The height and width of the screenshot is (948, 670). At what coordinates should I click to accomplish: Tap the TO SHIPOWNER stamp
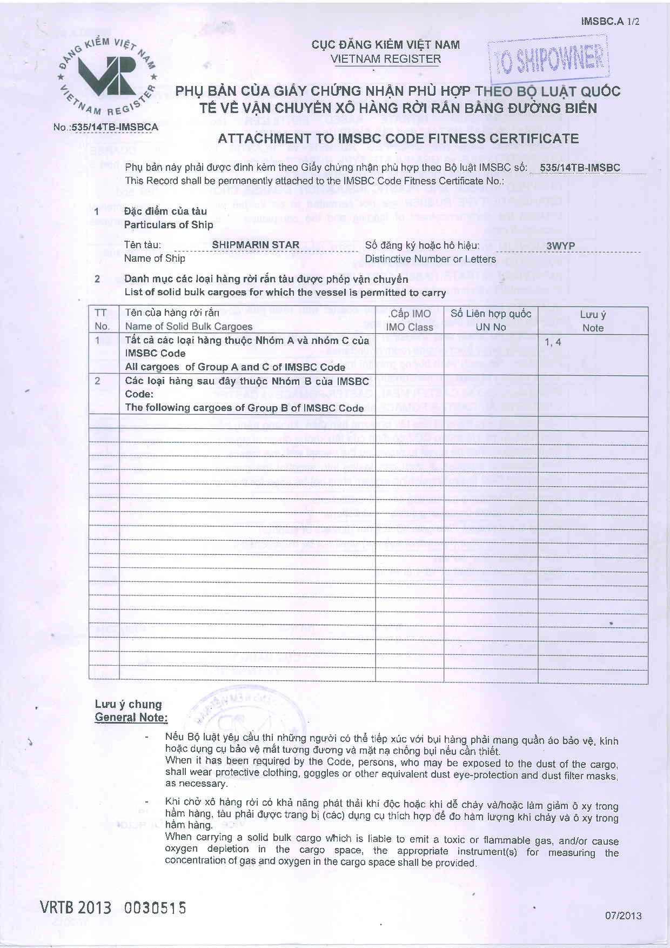tap(548, 58)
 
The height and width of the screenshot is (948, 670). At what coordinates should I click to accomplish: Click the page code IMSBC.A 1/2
tap(610, 22)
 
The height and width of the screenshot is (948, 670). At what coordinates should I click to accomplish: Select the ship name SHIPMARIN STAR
tap(256, 245)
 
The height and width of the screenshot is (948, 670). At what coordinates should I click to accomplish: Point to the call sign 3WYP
tap(560, 246)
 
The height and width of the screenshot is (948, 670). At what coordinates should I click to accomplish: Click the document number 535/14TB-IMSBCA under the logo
tap(106, 128)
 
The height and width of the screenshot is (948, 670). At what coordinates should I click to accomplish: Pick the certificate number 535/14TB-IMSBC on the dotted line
tap(579, 168)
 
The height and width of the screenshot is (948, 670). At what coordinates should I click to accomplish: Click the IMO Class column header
tap(409, 327)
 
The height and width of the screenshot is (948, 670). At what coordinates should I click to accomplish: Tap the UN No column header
tap(491, 327)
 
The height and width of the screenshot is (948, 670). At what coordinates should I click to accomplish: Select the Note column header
tap(593, 328)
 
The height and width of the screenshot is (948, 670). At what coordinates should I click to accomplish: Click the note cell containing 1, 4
tap(553, 342)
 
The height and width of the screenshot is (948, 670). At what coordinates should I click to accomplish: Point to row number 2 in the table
tap(98, 381)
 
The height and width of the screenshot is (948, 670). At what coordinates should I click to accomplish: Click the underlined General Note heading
tap(131, 718)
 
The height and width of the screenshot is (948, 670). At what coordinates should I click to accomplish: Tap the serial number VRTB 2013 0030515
tap(113, 907)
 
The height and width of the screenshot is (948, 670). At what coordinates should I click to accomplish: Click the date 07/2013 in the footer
tap(623, 915)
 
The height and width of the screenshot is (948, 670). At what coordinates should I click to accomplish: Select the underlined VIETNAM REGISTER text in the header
tap(386, 59)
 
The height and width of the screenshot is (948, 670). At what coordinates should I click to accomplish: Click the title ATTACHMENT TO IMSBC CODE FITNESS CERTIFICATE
tap(398, 139)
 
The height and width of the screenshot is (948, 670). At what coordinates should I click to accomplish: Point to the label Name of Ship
tap(155, 258)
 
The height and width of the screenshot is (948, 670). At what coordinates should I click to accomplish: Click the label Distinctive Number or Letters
tap(430, 259)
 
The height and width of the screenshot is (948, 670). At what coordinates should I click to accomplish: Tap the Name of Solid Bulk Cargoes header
tap(189, 327)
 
